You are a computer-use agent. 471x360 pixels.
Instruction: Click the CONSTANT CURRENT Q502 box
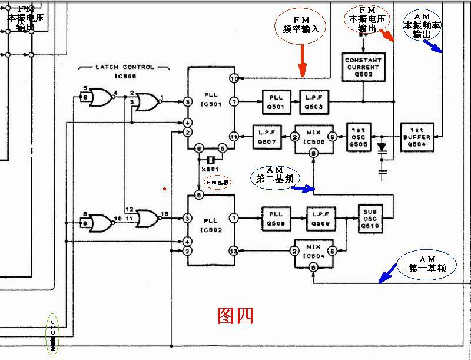pos(363,68)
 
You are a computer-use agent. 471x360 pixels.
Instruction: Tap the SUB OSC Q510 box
pos(370,217)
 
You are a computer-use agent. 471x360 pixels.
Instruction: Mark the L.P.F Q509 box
pos(321,217)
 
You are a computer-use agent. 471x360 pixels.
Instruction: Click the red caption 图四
pos(235,316)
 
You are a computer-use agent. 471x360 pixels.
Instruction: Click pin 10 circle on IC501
pos(234,78)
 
